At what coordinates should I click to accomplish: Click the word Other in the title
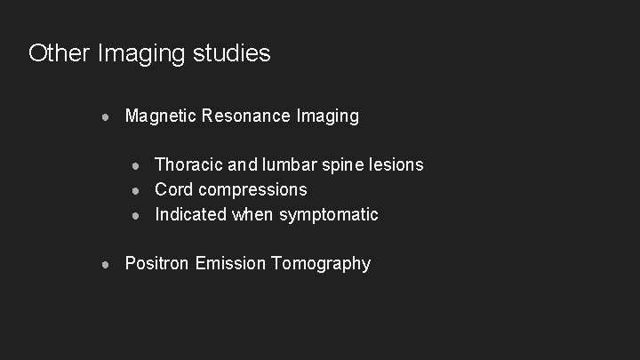click(x=55, y=53)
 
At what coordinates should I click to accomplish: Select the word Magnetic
click(x=161, y=116)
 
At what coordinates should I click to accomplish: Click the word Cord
click(x=174, y=189)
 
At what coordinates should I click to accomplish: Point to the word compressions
click(x=253, y=190)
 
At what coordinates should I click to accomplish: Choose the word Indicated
click(x=191, y=214)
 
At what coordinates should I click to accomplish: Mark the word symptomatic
click(x=329, y=215)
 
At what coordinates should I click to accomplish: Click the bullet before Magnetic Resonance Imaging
click(x=107, y=116)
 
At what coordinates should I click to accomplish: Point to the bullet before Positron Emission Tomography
click(x=107, y=264)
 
